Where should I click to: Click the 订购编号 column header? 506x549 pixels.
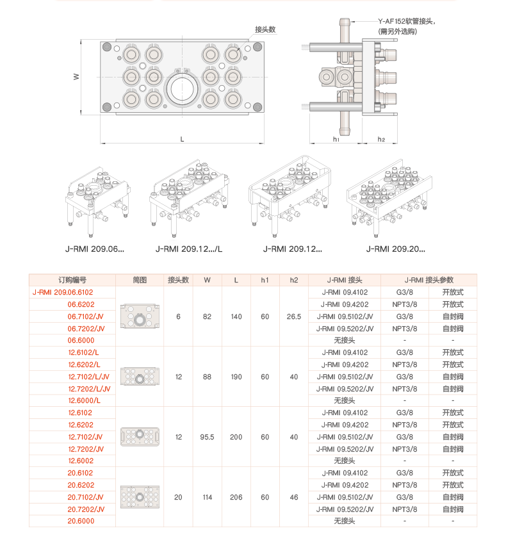point(72,280)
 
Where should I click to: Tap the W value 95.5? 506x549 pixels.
point(207,437)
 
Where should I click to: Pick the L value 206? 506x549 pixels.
point(236,497)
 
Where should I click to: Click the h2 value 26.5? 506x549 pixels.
point(294,316)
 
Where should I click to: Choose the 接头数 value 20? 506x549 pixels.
point(178,497)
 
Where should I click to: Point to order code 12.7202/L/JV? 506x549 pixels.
point(89,389)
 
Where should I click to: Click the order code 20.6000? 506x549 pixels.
point(81,521)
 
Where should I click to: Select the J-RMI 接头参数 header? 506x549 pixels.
point(428,280)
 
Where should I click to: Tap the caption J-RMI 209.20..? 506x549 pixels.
point(395,249)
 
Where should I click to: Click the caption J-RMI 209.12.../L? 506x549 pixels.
point(189,249)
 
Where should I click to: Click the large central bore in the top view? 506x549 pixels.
point(183,88)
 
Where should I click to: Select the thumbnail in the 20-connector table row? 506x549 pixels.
point(140,497)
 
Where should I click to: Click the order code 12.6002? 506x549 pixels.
point(81,461)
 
